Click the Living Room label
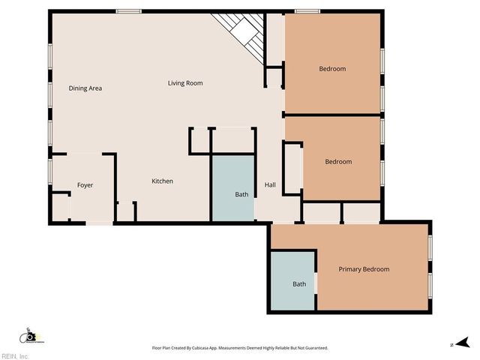point(184,83)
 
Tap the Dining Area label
point(85,88)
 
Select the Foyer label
point(85,185)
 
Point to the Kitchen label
point(163,181)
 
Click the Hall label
point(270,185)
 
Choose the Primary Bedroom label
point(364,269)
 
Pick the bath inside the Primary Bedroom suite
point(299,284)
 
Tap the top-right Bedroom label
point(332,69)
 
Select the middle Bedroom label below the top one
point(337,161)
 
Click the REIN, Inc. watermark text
point(15,355)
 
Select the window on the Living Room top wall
point(129,10)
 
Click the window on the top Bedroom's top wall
point(307,10)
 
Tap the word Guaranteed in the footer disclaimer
point(314,348)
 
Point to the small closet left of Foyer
point(60,204)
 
